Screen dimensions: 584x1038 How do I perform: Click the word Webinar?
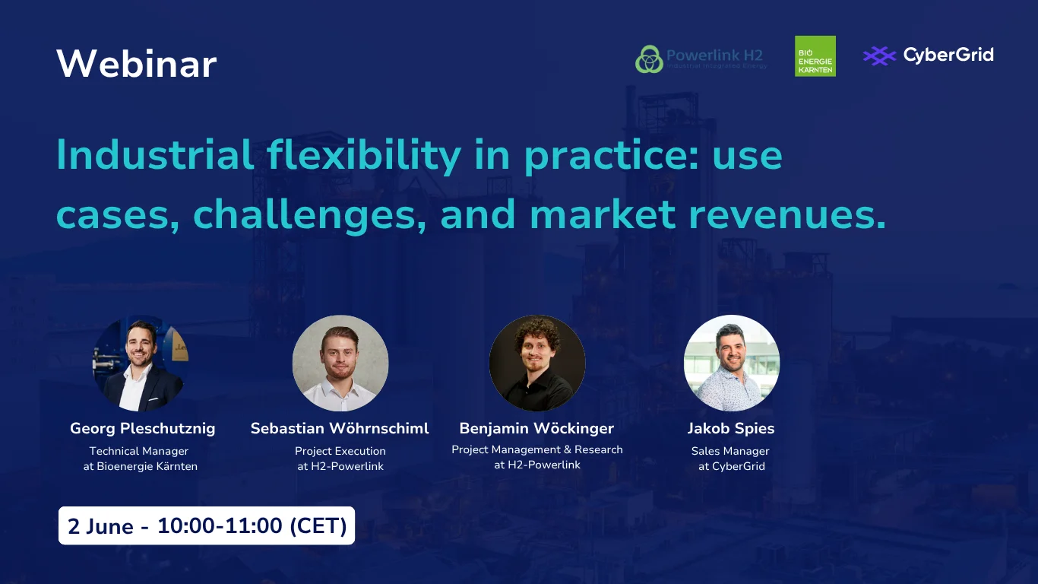137,64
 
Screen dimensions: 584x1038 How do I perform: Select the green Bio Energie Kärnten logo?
815,56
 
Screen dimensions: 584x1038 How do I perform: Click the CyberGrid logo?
928,56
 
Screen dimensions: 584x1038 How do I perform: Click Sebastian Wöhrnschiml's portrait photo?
340,363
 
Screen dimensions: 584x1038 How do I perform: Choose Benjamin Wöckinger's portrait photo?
537,363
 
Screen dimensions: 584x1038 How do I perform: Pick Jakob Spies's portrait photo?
731,363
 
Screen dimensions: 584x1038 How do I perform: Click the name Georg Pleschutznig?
142,428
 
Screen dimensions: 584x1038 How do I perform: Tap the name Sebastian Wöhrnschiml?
340,428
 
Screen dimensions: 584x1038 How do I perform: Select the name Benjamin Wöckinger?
536,428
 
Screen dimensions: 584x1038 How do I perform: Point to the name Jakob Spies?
731,428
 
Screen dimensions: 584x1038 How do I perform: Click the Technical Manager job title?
139,451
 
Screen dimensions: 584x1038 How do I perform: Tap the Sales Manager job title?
730,451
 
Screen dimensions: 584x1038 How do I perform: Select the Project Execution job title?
340,451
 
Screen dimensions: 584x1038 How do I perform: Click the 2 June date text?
100,526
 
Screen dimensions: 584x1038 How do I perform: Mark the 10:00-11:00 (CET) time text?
252,525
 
